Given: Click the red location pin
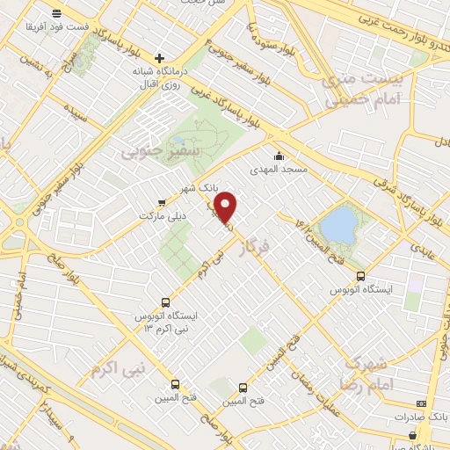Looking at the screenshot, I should tap(227, 207).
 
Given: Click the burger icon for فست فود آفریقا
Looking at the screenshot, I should tap(57, 13).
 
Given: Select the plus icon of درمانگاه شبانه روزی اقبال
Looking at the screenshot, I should tap(159, 57).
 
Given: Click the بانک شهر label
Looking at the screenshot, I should tap(197, 188).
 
